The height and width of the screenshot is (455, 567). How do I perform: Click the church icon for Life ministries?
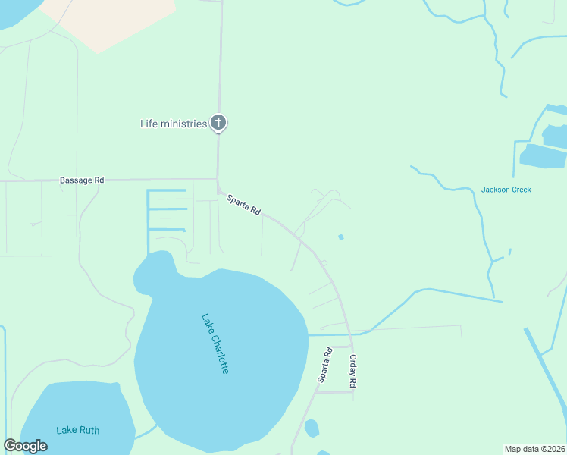(x=218, y=123)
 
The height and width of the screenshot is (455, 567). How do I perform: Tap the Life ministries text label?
(x=174, y=124)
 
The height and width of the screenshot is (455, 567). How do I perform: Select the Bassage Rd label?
(x=82, y=180)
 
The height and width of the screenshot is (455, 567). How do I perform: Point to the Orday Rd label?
(x=352, y=372)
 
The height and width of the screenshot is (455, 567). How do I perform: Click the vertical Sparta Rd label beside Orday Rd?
(x=324, y=365)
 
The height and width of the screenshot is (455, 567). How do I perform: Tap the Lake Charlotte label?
(x=215, y=343)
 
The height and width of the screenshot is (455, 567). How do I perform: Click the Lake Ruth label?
(x=77, y=431)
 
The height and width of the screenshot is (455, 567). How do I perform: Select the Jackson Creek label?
(x=506, y=190)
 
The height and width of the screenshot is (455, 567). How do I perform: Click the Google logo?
(x=25, y=446)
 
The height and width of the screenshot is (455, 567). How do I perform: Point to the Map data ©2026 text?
(x=534, y=449)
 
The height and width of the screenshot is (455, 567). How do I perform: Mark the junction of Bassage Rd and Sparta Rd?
(x=218, y=180)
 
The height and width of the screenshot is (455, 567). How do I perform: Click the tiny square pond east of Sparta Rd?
(x=341, y=237)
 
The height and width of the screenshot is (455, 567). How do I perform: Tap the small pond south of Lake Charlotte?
(x=312, y=428)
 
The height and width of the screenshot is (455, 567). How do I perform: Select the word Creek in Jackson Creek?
(x=520, y=190)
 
